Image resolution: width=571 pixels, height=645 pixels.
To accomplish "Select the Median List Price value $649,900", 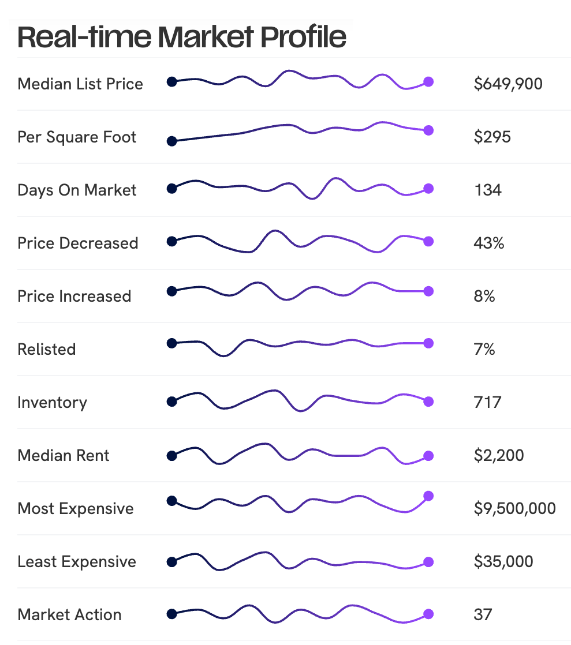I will (508, 84).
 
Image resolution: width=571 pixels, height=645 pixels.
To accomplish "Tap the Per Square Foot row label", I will (77, 137).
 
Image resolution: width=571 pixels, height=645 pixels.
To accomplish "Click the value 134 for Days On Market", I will (487, 190).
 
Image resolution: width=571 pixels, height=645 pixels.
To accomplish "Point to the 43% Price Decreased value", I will (488, 243).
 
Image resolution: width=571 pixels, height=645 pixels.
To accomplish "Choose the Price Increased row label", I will (74, 297).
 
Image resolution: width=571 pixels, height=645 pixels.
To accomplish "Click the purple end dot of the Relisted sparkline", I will (428, 343).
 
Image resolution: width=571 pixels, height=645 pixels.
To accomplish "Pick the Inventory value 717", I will (487, 403).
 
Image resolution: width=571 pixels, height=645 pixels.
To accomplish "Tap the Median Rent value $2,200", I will (499, 456).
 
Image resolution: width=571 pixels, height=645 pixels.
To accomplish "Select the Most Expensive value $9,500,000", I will (514, 509).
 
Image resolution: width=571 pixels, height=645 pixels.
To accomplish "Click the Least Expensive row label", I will (77, 562).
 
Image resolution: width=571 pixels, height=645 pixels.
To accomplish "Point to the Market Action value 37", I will (483, 615).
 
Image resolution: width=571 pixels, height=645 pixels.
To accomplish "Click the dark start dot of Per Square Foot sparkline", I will (171, 141).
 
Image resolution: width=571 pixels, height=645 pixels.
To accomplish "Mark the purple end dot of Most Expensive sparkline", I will (428, 496).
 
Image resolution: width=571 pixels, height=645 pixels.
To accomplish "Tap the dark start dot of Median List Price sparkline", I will (171, 82).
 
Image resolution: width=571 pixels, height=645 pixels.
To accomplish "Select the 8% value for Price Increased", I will (484, 297).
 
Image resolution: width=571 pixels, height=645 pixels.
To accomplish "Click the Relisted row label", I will (47, 350).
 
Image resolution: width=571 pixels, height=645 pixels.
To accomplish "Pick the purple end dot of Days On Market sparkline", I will (428, 188).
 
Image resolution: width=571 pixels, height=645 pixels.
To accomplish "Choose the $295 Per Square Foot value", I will (492, 137).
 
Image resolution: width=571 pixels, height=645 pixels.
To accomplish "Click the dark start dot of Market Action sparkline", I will (171, 614).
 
